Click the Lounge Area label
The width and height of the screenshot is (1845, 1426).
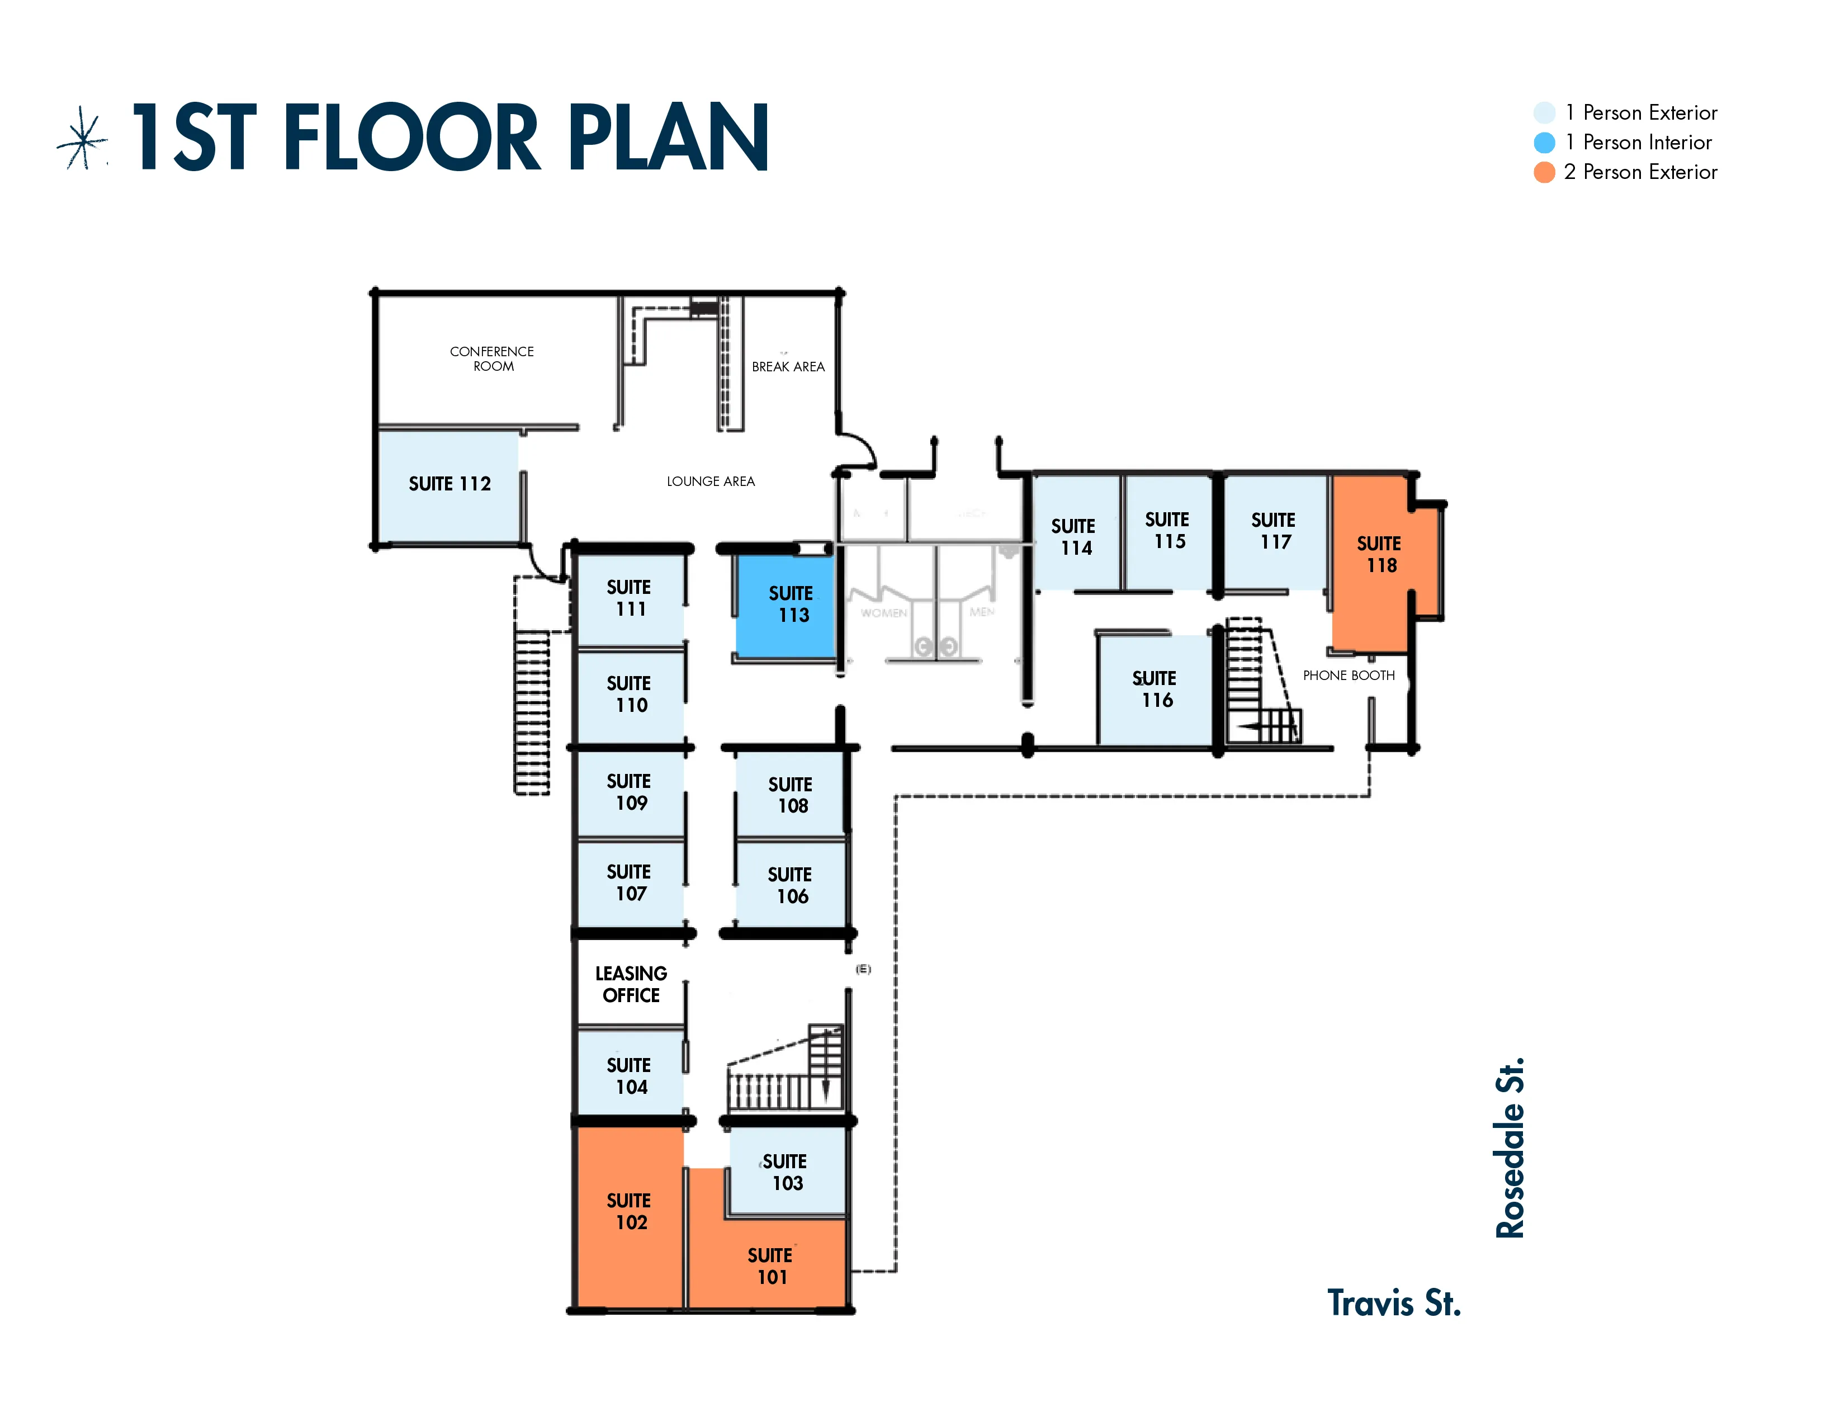(x=711, y=481)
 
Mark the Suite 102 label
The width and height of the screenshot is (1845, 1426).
(x=630, y=1211)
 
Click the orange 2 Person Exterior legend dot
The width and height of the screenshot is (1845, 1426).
(x=1544, y=172)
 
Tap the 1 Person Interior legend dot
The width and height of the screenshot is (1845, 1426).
(x=1544, y=143)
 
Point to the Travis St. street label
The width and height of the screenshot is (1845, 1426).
(x=1393, y=1304)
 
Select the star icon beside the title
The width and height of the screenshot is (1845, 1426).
(x=83, y=139)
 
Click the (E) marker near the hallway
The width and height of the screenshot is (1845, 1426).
(x=863, y=969)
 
